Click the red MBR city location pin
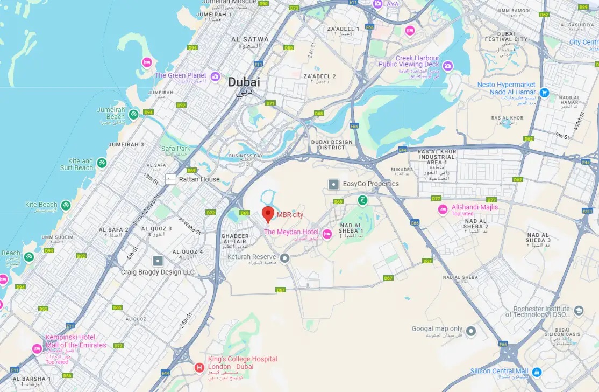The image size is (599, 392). tap(268, 214)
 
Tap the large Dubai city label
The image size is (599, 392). tap(244, 82)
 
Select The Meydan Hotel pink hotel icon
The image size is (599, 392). tap(326, 233)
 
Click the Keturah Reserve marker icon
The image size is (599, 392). tap(285, 257)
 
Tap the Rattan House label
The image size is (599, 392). tap(199, 179)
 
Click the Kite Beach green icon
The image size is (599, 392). tap(66, 205)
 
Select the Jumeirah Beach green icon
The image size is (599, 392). tap(133, 113)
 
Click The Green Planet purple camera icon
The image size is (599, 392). tap(215, 76)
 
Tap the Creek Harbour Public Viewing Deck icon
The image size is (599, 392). tap(447, 66)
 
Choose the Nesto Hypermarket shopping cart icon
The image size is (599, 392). tap(544, 93)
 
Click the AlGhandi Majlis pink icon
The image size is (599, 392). tap(443, 209)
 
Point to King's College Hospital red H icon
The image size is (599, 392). tap(199, 368)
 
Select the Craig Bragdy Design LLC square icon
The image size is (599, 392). tap(158, 261)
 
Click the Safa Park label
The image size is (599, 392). tap(176, 149)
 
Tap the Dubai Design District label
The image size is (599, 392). tap(331, 145)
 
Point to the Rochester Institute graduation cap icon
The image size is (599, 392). tap(579, 311)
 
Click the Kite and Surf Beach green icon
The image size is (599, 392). tap(102, 163)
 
